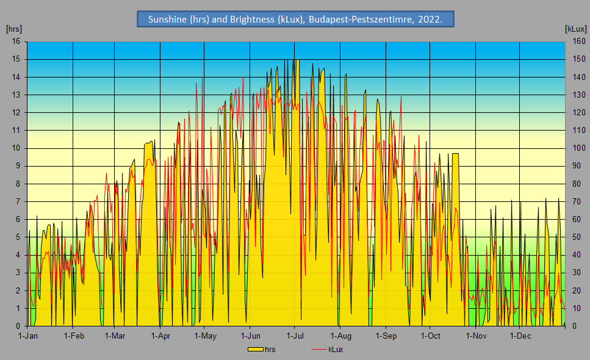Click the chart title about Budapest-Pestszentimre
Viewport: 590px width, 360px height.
tap(295, 19)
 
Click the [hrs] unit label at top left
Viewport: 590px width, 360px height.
tap(13, 29)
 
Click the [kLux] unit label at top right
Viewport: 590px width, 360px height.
tap(575, 29)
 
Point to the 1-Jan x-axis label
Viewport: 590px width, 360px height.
tap(28, 336)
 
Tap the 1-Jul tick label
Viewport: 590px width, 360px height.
tap(295, 336)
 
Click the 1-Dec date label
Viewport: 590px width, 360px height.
tap(520, 336)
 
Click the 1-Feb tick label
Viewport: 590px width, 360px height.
tap(73, 336)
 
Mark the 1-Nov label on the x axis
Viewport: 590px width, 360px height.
tap(476, 336)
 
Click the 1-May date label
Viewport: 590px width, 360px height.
tap(205, 336)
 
